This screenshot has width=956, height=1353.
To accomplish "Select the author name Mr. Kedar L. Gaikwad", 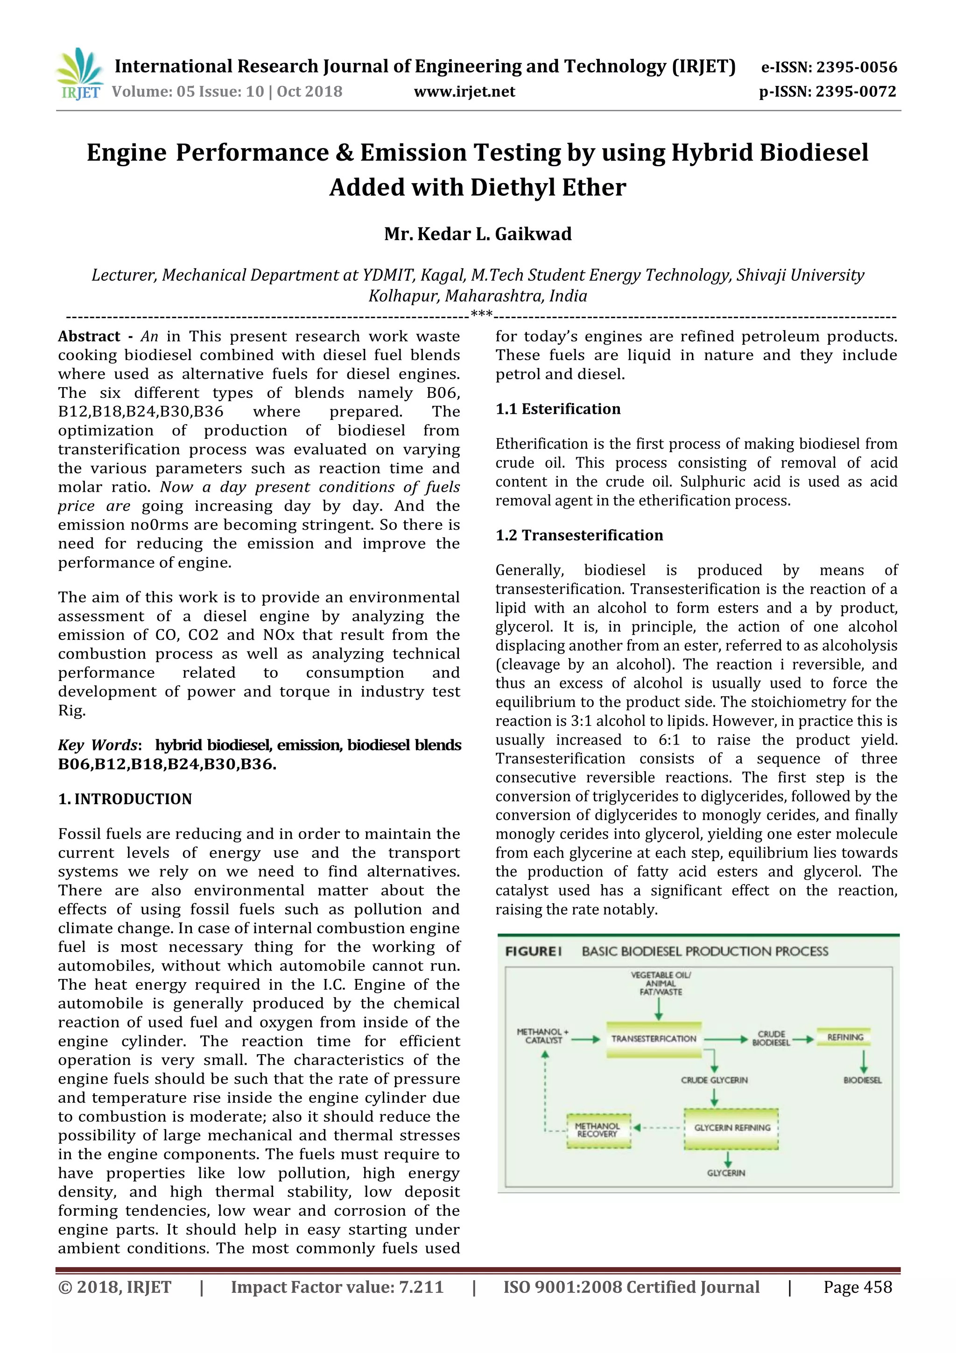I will point(478,234).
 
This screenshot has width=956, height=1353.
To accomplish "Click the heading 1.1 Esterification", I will point(558,409).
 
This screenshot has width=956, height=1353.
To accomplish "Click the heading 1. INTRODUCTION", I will point(125,799).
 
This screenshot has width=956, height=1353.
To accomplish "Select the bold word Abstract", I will point(89,336).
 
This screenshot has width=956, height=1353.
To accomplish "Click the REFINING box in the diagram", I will point(845,1037).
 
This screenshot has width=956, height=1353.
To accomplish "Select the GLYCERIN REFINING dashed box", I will point(731,1127).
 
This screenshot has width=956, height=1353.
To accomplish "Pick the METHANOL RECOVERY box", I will point(598,1130).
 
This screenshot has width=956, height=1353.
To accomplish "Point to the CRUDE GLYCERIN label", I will point(714,1080).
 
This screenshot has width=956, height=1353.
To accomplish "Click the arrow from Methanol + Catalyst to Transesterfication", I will point(585,1040).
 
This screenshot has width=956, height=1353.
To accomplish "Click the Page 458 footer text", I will point(858,1287).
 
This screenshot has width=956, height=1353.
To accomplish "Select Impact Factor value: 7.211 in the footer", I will point(337,1287).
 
